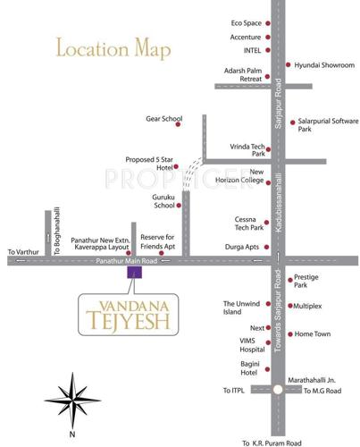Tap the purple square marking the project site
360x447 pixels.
point(135,273)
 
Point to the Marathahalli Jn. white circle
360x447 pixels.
point(279,390)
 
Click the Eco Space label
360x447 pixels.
point(245,21)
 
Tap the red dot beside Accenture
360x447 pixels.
point(268,37)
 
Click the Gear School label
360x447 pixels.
point(163,119)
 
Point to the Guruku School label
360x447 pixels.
point(163,200)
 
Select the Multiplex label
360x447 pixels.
point(314,307)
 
